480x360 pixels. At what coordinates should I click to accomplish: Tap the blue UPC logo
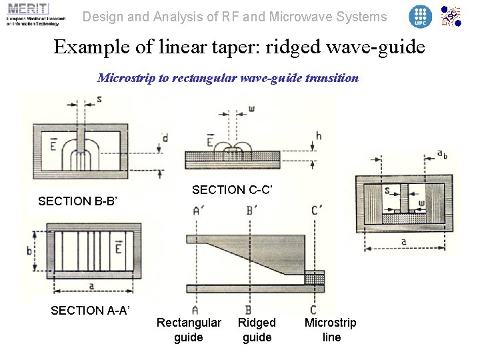point(420,16)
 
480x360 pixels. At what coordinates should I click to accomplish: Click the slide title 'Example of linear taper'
point(239,47)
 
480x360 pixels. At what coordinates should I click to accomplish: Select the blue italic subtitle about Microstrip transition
point(228,78)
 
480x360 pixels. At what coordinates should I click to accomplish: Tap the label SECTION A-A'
point(90,310)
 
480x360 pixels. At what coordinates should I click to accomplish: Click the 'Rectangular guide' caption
point(189,330)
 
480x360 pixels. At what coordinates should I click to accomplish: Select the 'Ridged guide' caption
point(257,330)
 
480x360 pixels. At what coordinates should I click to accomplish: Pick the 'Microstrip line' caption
point(331,330)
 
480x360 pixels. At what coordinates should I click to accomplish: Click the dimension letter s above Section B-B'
point(99,99)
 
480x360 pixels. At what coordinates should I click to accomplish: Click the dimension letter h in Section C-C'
point(319,135)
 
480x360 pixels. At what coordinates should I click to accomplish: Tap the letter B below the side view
point(248,309)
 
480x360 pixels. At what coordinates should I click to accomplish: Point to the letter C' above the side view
point(317,211)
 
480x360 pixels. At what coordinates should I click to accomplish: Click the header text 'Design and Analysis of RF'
point(234,17)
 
